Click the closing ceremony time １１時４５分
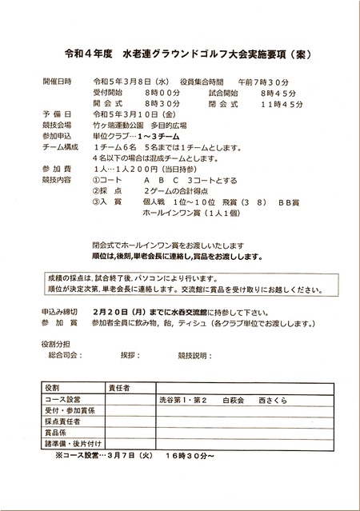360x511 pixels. click(281, 104)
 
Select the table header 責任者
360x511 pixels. click(120, 387)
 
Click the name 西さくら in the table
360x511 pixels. click(273, 398)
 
